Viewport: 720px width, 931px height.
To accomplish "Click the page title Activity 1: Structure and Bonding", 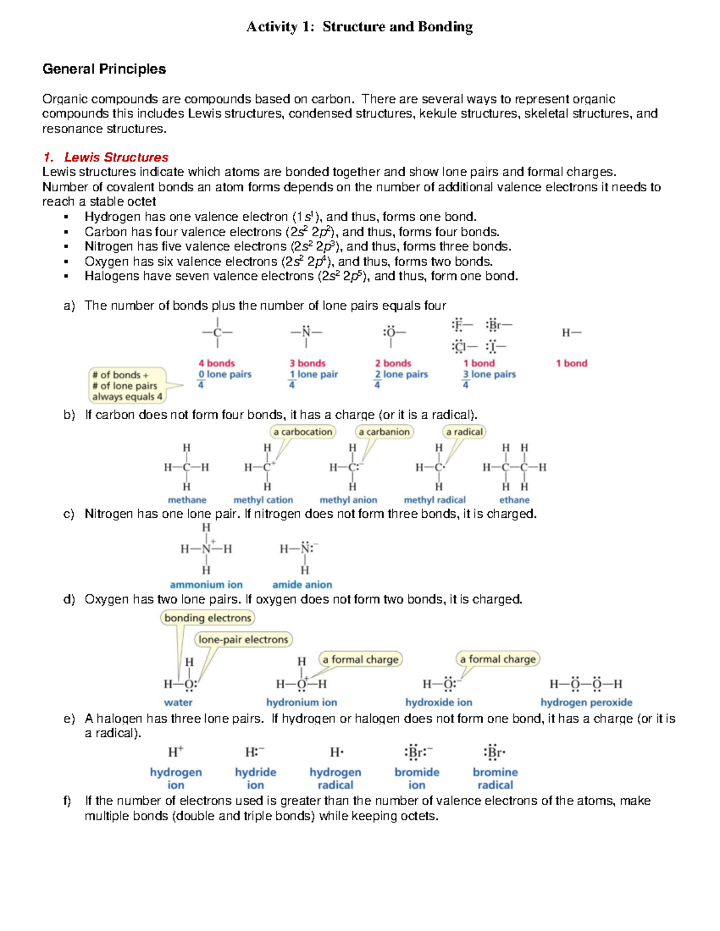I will click(x=359, y=27).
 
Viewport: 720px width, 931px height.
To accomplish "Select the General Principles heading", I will click(x=104, y=69).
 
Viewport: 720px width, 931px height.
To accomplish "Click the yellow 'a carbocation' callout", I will click(x=302, y=432).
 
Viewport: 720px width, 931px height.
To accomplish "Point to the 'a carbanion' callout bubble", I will click(x=384, y=432).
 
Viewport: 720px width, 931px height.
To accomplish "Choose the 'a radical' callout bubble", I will click(x=464, y=432).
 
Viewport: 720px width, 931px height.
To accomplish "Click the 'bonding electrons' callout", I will click(x=208, y=618).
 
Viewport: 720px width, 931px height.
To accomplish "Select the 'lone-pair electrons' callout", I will click(x=243, y=640).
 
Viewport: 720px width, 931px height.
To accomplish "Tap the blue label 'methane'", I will click(x=187, y=500).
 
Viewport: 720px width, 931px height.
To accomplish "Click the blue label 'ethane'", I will click(x=514, y=500).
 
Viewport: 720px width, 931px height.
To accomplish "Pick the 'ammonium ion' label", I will click(x=206, y=584).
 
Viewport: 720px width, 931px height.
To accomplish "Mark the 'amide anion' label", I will click(x=302, y=584).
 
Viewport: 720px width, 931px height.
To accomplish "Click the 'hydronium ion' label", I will click(x=301, y=702).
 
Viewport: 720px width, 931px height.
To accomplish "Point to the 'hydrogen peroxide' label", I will click(x=586, y=702).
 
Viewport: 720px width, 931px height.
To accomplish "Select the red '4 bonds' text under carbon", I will click(x=217, y=363).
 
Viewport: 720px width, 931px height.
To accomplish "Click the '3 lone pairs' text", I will click(x=488, y=374).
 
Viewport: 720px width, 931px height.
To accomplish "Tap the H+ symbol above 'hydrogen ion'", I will click(x=176, y=752).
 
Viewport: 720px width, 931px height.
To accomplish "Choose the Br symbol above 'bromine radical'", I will click(x=494, y=752).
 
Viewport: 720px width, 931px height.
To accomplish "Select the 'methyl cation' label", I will click(x=263, y=500).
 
